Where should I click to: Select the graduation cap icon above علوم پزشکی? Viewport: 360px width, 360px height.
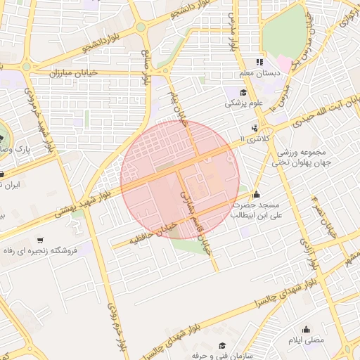[243, 92]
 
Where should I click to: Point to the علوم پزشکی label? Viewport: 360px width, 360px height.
[243, 103]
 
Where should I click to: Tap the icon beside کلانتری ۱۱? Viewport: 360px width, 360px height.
[254, 128]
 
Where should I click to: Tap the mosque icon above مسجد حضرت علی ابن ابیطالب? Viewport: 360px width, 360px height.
[255, 194]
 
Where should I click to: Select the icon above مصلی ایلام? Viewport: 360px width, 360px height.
[305, 328]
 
